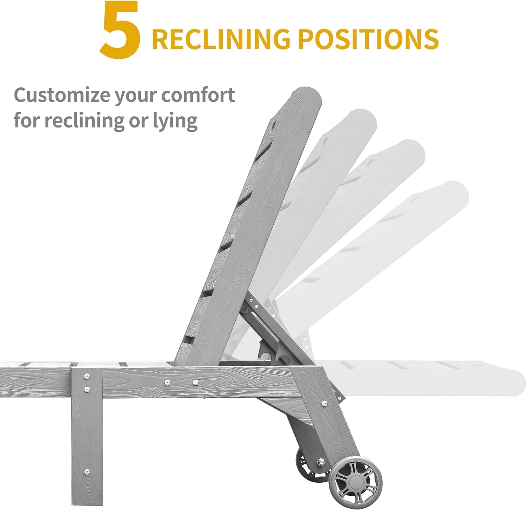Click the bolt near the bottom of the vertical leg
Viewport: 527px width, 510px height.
pyautogui.click(x=87, y=471)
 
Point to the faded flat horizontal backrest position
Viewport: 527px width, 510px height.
pyautogui.click(x=422, y=378)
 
